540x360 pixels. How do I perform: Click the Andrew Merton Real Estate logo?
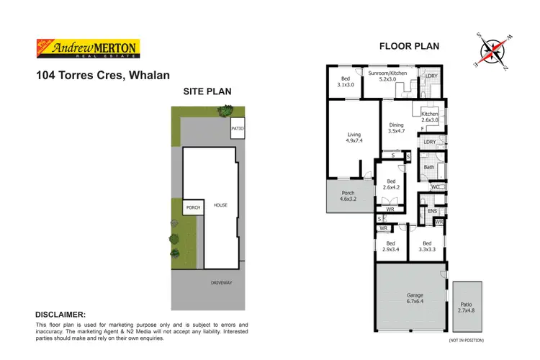click(87, 48)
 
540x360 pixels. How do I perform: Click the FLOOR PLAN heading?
click(409, 47)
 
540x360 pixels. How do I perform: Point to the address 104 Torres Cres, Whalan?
click(102, 74)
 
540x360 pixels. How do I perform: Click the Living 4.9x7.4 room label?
click(354, 138)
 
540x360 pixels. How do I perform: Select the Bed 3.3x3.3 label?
click(428, 247)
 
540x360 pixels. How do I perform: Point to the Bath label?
click(429, 168)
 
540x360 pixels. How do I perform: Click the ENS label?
click(432, 211)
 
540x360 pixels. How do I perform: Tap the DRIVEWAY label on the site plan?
click(222, 283)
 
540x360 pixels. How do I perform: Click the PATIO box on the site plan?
click(237, 129)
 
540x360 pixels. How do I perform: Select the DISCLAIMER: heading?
click(60, 315)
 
